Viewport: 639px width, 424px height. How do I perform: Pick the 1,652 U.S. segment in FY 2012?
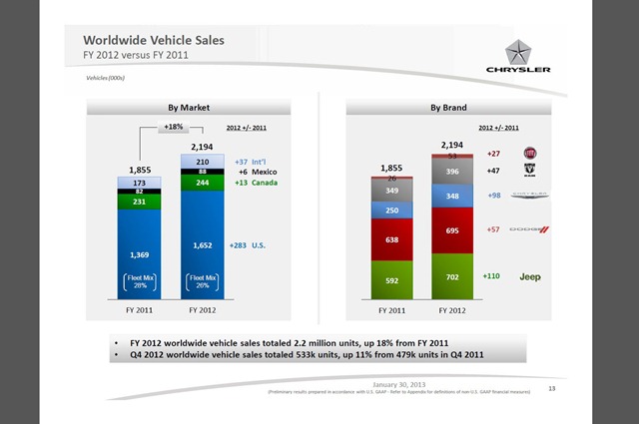[203, 243]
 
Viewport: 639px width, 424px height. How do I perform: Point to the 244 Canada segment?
[203, 184]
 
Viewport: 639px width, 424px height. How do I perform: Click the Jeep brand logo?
[529, 276]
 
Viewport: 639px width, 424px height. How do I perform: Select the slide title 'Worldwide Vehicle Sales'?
[154, 39]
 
